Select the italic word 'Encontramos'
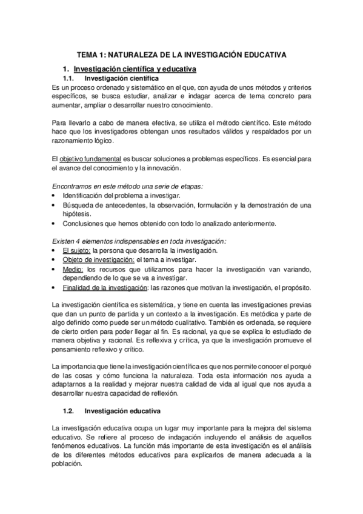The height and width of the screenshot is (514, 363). (x=74, y=186)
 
